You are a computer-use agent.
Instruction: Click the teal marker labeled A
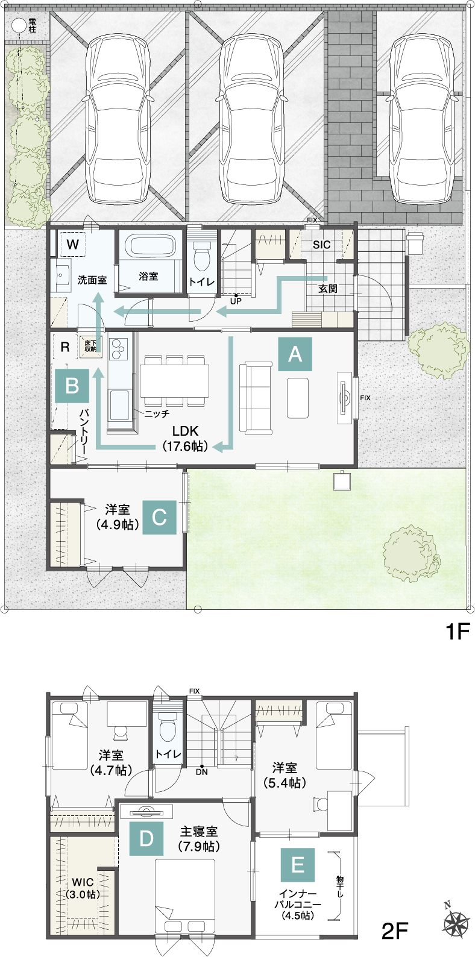[x=295, y=354]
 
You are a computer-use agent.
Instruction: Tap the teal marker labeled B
[x=72, y=386]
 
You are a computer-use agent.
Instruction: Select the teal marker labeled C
[x=159, y=517]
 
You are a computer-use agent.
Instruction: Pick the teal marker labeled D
[x=146, y=838]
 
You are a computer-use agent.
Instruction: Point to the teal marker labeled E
[x=297, y=865]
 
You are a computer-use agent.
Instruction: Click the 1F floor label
[x=456, y=631]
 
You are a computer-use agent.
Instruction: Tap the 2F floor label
[x=395, y=931]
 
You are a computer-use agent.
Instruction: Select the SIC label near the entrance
[x=321, y=245]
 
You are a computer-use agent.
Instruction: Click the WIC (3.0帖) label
[x=83, y=888]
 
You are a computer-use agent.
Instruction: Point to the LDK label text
[x=185, y=431]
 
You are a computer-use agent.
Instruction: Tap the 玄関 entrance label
[x=328, y=289]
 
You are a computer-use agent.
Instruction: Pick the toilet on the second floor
[x=167, y=726]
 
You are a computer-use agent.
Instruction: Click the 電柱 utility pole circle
[x=19, y=25]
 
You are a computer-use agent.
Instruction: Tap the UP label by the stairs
[x=236, y=301]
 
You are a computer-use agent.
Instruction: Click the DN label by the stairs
[x=201, y=771]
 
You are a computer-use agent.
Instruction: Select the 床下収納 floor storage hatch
[x=90, y=346]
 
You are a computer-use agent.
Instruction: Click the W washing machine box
[x=72, y=245]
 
